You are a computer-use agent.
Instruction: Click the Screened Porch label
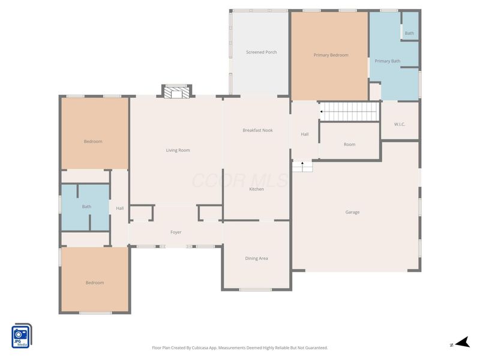pos(261,52)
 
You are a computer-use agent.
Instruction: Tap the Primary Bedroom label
pos(331,55)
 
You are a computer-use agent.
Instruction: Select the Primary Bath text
pos(387,61)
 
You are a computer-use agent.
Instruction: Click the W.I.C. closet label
pos(400,124)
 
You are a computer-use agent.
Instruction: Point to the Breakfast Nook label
pos(257,130)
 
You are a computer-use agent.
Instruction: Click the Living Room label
pos(178,151)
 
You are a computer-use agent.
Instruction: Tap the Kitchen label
pos(257,189)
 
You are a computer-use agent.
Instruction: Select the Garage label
pos(352,212)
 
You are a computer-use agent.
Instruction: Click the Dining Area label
pos(257,259)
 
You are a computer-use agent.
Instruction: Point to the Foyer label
pos(176,232)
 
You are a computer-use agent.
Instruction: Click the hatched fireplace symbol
pos(176,93)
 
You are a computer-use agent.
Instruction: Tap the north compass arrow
pos(463,343)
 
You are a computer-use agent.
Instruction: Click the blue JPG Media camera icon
pos(22,336)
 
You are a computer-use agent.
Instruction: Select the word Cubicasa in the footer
pos(200,348)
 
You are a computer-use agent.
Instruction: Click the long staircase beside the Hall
pos(349,112)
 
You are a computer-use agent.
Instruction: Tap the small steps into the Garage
pos(302,166)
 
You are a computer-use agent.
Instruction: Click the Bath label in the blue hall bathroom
pos(86,206)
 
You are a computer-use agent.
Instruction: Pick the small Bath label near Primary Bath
pos(409,33)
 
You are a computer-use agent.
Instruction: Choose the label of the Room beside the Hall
pos(349,145)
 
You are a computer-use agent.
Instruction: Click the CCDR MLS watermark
pos(240,181)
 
